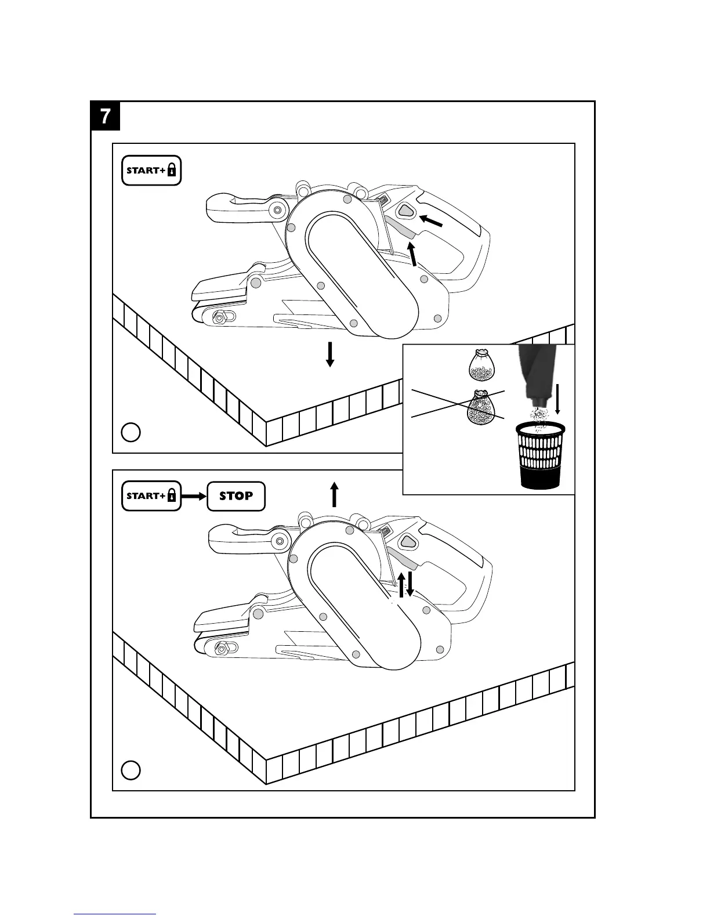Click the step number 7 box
(105, 116)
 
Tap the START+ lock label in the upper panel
(151, 170)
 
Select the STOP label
(236, 496)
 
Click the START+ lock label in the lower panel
(151, 496)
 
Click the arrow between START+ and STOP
(194, 496)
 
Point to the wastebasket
(540, 455)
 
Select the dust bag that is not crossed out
(480, 363)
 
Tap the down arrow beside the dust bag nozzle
(558, 399)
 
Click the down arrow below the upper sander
(330, 354)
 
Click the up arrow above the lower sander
(334, 494)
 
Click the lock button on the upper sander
(407, 212)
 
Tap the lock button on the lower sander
(408, 541)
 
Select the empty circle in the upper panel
(131, 432)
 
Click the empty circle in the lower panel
(131, 770)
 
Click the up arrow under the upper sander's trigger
(412, 255)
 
